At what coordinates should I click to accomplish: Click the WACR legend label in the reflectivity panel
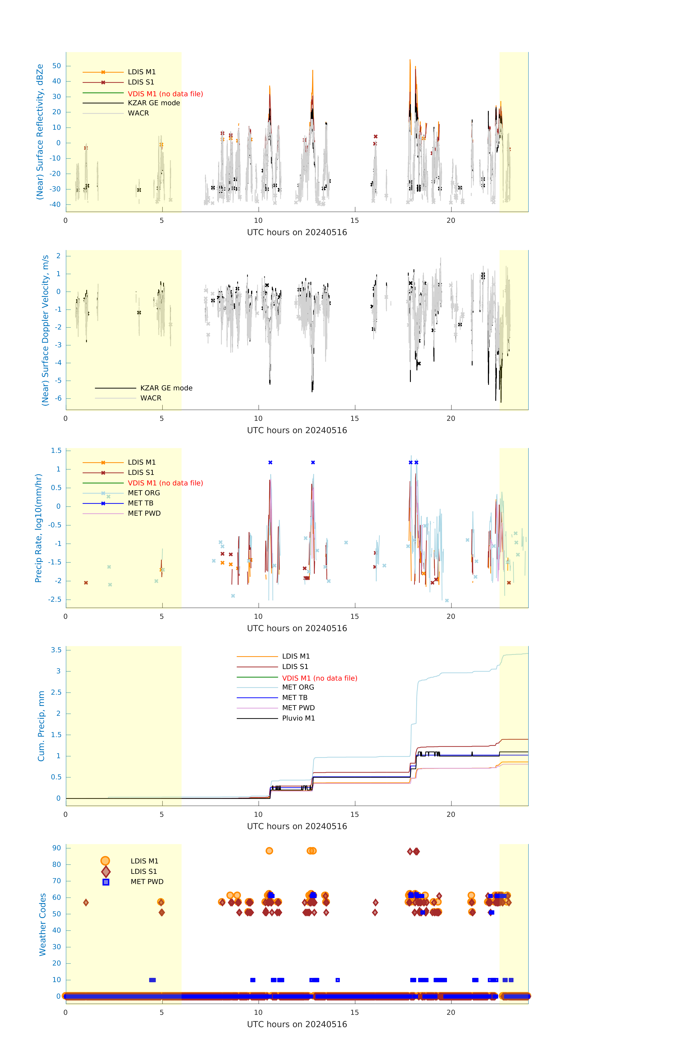(138, 113)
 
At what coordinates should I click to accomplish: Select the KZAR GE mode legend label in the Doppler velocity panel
(166, 388)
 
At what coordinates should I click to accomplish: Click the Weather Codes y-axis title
(43, 924)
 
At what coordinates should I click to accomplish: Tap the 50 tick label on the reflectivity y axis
(56, 66)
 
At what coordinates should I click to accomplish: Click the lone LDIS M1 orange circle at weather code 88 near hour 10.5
(269, 851)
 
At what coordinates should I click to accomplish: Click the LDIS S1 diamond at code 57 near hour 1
(86, 903)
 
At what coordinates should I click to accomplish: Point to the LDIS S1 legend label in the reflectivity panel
(141, 82)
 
